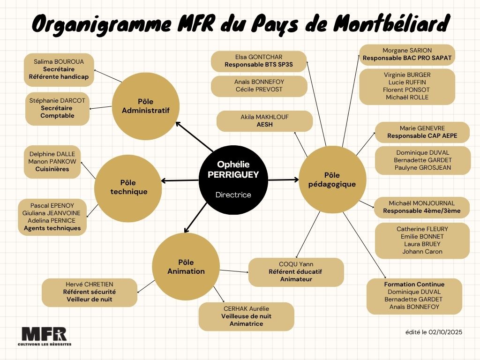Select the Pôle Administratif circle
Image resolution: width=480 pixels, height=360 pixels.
tap(145, 106)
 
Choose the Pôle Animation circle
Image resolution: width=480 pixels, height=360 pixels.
tap(186, 267)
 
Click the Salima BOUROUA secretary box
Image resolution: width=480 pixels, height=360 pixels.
tap(59, 69)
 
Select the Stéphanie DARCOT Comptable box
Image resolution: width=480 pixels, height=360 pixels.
tap(57, 108)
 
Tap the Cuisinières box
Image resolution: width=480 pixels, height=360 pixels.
tap(52, 162)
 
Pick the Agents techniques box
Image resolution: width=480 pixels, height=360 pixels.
tap(52, 217)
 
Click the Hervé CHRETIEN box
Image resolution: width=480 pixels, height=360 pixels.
tap(89, 292)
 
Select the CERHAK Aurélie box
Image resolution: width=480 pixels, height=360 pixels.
tap(246, 316)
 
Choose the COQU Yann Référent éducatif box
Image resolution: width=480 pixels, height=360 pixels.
tap(296, 272)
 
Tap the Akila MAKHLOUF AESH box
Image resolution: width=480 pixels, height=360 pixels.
tap(264, 121)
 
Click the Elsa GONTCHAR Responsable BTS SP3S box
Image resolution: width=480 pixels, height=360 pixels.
tap(259, 61)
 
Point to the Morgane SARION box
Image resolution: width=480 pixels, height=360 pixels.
tap(407, 55)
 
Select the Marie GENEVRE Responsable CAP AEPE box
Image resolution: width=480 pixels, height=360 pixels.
tap(422, 132)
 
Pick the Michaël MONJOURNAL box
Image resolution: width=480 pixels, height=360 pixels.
tap(421, 207)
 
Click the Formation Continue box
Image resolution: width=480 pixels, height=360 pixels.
tap(414, 296)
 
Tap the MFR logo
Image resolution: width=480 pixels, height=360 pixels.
tap(44, 336)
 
